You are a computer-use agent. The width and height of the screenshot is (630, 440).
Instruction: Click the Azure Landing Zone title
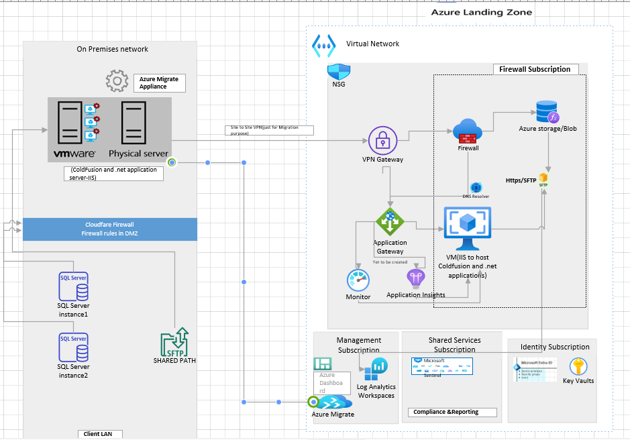[x=481, y=12]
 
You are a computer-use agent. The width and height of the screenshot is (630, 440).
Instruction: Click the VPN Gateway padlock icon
[x=383, y=141]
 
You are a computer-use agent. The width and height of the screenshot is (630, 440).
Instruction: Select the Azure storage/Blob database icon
[x=547, y=111]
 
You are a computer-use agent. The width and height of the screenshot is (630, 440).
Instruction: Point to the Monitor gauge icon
[x=358, y=280]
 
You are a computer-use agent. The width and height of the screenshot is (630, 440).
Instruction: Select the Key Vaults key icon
[x=578, y=366]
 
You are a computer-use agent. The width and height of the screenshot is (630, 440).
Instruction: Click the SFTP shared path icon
[x=174, y=341]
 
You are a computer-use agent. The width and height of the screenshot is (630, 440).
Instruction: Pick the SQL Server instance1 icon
[x=73, y=288]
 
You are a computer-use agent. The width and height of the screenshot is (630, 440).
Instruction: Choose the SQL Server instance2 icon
[x=73, y=348]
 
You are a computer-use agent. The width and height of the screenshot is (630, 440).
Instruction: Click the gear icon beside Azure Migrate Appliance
[x=117, y=81]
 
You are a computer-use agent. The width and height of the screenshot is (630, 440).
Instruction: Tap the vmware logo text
[x=70, y=154]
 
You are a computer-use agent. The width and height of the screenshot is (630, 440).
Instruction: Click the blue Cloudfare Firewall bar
[x=109, y=229]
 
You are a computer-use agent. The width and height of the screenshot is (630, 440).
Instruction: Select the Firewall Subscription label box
[x=535, y=69]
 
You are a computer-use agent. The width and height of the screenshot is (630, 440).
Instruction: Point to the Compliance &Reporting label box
[x=452, y=412]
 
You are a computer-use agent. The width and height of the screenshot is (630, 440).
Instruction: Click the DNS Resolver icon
[x=476, y=188]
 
